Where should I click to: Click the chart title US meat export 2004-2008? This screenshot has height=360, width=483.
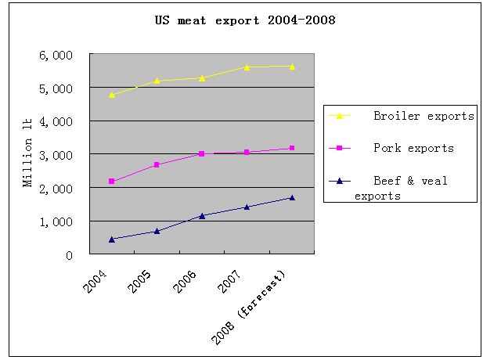(244, 20)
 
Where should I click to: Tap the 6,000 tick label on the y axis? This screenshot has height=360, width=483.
(56, 56)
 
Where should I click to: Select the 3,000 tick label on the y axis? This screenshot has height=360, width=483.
(56, 155)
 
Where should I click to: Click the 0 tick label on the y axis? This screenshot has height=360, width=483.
(69, 255)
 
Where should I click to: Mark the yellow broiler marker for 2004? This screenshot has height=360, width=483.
(112, 95)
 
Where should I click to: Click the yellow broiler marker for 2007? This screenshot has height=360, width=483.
(247, 67)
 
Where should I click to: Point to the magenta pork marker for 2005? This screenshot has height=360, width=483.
(157, 165)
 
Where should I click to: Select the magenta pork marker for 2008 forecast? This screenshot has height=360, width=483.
(292, 148)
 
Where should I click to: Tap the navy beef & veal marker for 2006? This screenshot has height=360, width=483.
(202, 215)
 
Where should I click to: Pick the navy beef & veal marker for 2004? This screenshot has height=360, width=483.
(112, 239)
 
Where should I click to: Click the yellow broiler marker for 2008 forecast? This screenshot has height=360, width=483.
(292, 67)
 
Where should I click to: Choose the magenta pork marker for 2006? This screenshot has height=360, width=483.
(202, 154)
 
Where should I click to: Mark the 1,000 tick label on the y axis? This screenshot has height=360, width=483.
(56, 221)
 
